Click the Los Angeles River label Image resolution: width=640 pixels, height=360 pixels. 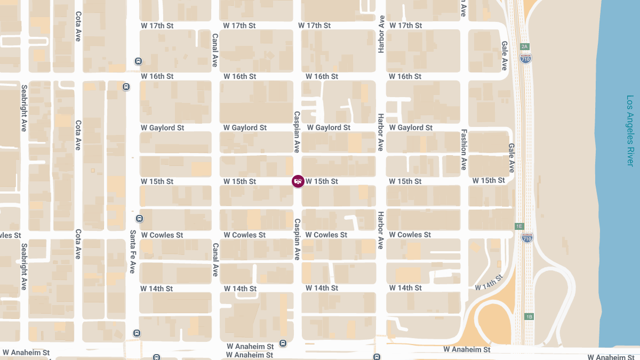(x=630, y=131)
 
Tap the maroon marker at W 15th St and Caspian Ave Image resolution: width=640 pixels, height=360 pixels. (x=298, y=181)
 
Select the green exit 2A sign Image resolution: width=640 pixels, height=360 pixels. (x=525, y=46)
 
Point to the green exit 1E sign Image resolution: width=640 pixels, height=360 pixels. (x=519, y=226)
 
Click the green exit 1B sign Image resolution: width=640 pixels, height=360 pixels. (x=529, y=316)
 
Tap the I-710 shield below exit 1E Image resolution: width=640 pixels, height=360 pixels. (x=527, y=237)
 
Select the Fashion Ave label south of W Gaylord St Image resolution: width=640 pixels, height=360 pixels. (x=464, y=149)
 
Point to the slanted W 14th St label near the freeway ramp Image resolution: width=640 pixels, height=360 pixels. (x=489, y=282)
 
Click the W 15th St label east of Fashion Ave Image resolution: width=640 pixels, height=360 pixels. (x=489, y=181)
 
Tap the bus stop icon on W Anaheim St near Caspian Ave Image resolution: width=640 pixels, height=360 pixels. (x=283, y=343)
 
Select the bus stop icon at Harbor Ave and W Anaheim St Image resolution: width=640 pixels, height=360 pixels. (x=377, y=357)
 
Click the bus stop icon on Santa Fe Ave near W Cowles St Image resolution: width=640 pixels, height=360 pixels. (x=139, y=218)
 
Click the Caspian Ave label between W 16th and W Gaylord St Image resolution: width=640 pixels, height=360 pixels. (x=297, y=132)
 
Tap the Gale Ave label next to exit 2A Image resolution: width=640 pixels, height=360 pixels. (x=504, y=56)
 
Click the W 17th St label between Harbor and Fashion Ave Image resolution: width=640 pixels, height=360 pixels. (x=405, y=26)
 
